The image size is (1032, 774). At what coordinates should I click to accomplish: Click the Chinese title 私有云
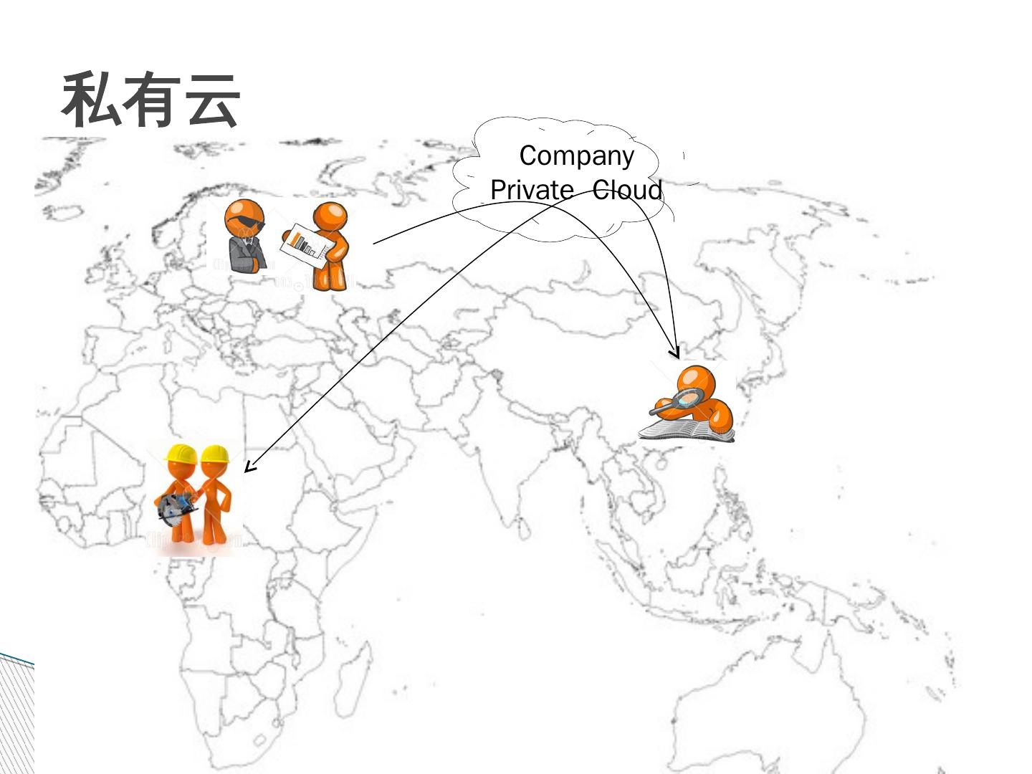pyautogui.click(x=150, y=100)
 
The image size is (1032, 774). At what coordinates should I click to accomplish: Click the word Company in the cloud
pyautogui.click(x=576, y=156)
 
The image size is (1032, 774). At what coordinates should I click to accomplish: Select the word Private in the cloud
pyautogui.click(x=531, y=190)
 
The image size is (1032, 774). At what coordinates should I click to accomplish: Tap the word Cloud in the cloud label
pyautogui.click(x=627, y=190)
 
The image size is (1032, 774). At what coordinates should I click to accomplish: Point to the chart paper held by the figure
pyautogui.click(x=307, y=245)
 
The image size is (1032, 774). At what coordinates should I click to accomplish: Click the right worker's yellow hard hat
pyautogui.click(x=214, y=453)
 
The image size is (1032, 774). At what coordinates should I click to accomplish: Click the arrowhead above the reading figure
pyautogui.click(x=674, y=353)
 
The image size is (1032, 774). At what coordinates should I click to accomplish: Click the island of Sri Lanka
pyautogui.click(x=525, y=530)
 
